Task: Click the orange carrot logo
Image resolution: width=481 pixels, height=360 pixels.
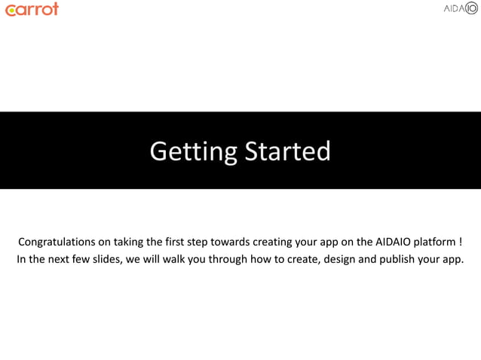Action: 31,9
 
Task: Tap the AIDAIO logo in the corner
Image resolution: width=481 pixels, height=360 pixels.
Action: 460,9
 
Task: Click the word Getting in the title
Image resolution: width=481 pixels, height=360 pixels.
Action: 193,151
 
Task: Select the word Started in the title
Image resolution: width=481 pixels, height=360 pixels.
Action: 286,151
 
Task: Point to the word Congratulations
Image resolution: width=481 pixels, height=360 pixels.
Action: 57,243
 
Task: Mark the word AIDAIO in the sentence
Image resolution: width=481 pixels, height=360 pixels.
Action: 395,243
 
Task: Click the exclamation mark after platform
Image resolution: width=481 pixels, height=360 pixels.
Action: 459,243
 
